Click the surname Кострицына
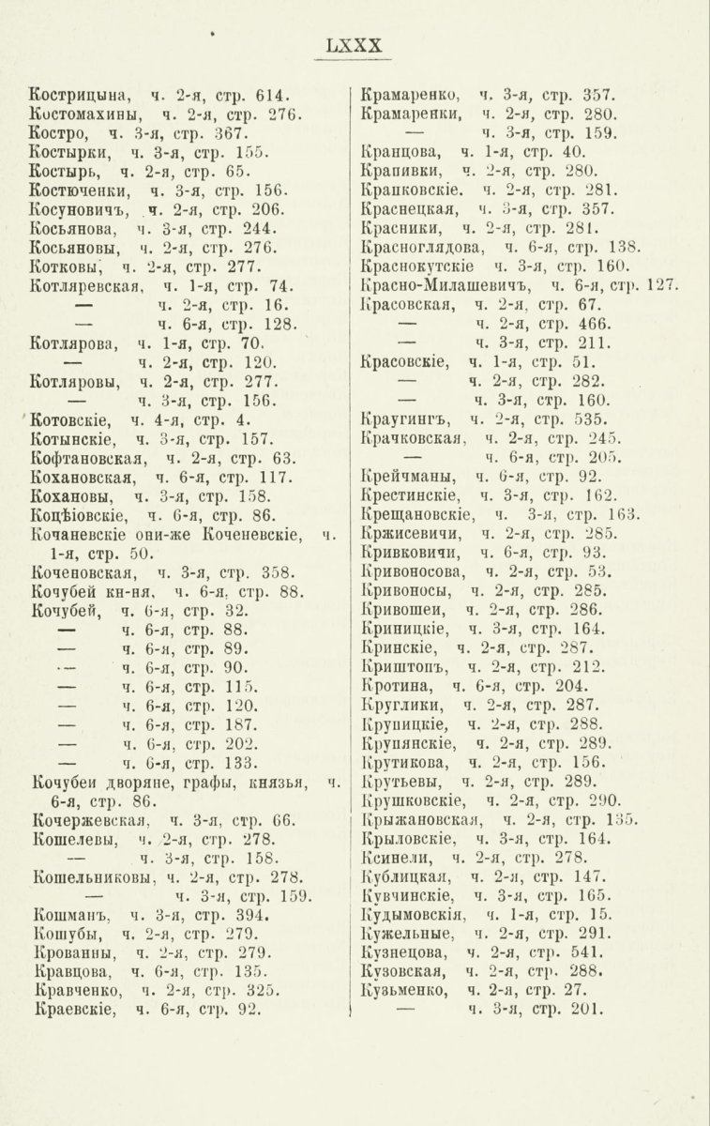pos(81,97)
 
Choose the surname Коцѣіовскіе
pos(81,514)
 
